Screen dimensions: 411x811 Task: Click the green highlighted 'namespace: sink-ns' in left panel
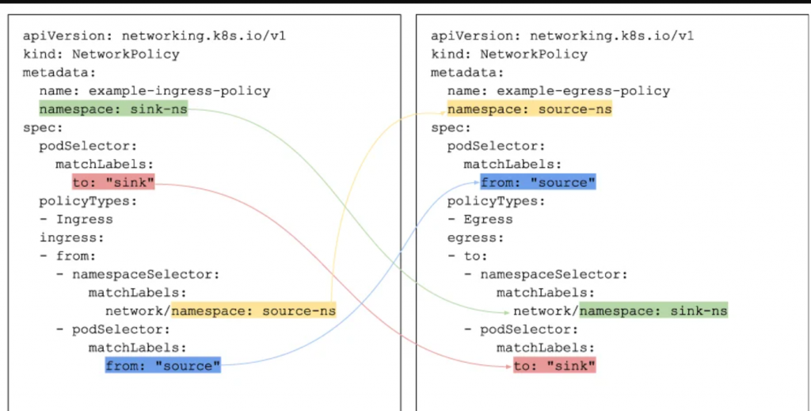[x=113, y=109]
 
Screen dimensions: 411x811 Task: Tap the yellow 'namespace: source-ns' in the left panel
[x=253, y=311]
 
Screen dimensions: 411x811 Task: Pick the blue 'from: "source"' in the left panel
[x=162, y=366]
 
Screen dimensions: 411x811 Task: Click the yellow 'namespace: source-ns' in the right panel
[x=529, y=109]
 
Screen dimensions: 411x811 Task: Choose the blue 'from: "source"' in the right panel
[x=538, y=183]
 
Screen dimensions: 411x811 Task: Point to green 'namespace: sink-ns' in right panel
[x=653, y=311]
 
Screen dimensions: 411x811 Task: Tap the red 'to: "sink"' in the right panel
[x=554, y=366]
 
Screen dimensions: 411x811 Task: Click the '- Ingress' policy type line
[x=76, y=219]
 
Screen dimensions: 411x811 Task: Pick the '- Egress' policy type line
[x=480, y=219]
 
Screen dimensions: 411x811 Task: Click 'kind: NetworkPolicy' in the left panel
[x=101, y=55]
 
